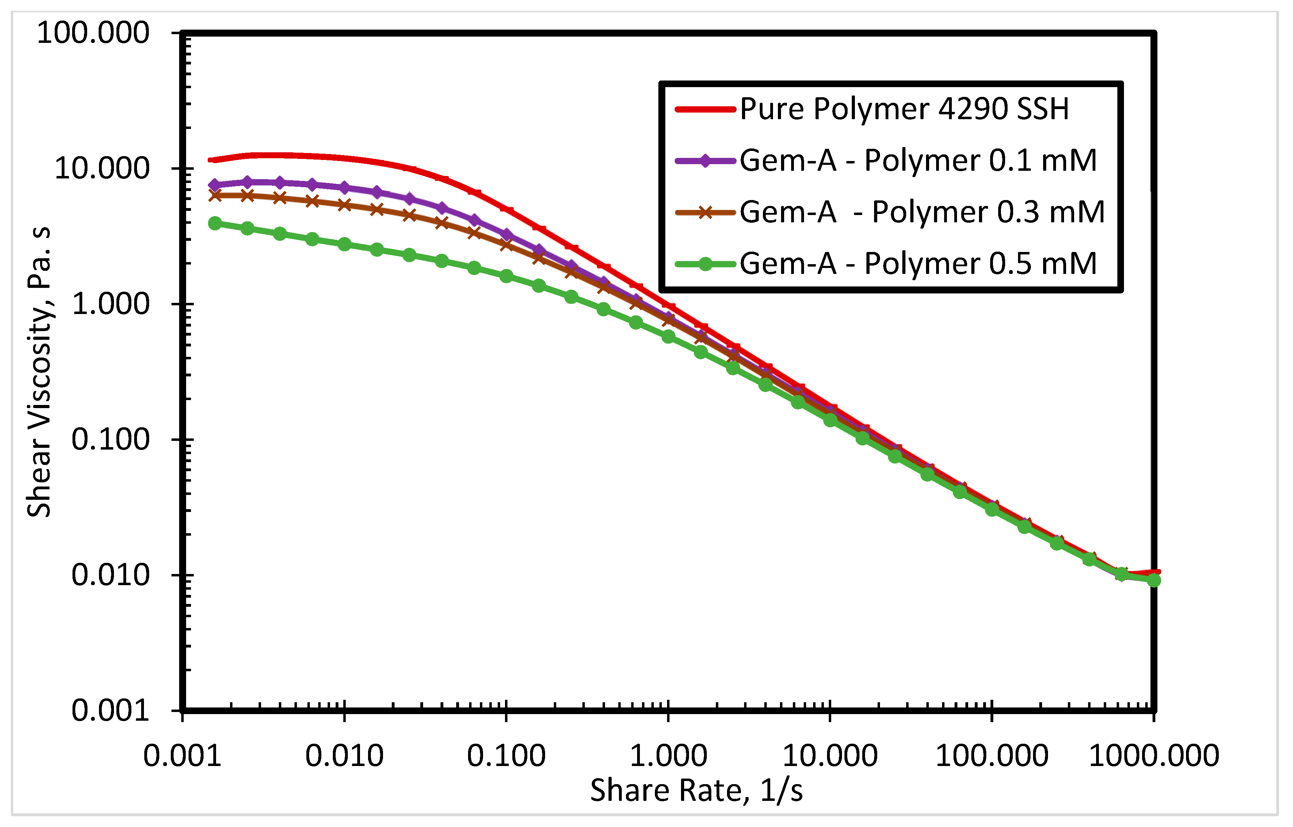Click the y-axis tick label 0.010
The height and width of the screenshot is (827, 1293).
point(110,575)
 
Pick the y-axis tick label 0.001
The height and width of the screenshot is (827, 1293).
point(110,711)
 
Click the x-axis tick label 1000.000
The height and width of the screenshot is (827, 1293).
point(1154,756)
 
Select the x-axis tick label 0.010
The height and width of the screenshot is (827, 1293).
point(344,756)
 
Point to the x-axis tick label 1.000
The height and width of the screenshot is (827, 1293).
point(668,756)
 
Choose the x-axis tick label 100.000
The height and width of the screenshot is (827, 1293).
point(992,756)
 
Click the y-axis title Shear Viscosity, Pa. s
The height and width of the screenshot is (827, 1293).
point(39,372)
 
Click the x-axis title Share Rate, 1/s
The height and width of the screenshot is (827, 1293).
point(696,790)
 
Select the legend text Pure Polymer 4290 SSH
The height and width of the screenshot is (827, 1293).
point(904,109)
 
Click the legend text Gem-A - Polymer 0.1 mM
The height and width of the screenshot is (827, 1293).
point(918,161)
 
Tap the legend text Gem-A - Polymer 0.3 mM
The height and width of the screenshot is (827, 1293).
point(922,212)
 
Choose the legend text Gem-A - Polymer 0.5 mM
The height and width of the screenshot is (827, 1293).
point(918,264)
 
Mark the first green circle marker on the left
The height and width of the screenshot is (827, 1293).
point(215,223)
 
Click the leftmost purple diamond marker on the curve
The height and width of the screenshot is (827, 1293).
point(215,185)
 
